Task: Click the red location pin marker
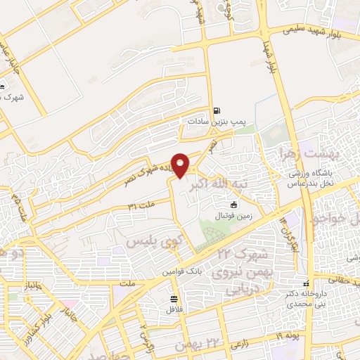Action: pos(181,165)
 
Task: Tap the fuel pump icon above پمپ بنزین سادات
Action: pos(216,110)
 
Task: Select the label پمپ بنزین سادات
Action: pos(215,121)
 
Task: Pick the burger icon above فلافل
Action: pos(172,298)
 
